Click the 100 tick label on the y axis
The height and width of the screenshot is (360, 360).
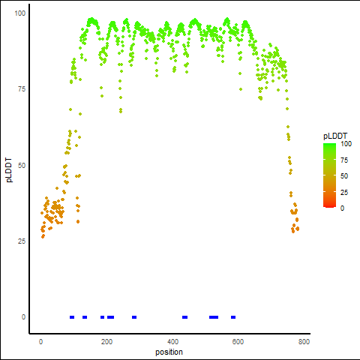[20, 13]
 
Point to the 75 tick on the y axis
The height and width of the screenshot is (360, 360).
[22, 89]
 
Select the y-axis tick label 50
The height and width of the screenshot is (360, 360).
[22, 166]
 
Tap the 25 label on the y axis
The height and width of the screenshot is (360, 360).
[22, 241]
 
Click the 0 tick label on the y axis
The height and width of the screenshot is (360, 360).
[23, 317]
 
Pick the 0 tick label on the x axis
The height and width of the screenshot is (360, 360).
[41, 342]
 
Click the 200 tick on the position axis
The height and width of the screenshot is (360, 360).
[106, 342]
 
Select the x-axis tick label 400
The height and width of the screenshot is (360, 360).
[172, 342]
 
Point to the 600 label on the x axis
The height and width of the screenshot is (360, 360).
[238, 342]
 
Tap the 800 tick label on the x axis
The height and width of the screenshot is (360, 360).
[304, 342]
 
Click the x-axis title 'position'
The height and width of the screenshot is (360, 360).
[169, 352]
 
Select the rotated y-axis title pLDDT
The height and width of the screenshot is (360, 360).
[9, 170]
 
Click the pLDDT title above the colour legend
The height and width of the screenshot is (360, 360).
[335, 136]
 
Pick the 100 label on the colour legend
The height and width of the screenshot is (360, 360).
[346, 144]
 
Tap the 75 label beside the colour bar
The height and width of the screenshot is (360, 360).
[344, 160]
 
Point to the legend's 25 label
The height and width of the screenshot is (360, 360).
[344, 193]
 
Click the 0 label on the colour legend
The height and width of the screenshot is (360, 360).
[343, 208]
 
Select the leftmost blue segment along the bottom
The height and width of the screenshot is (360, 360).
[72, 317]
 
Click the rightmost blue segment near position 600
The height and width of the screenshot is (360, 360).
[233, 317]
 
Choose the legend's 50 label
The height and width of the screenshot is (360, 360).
[344, 176]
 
